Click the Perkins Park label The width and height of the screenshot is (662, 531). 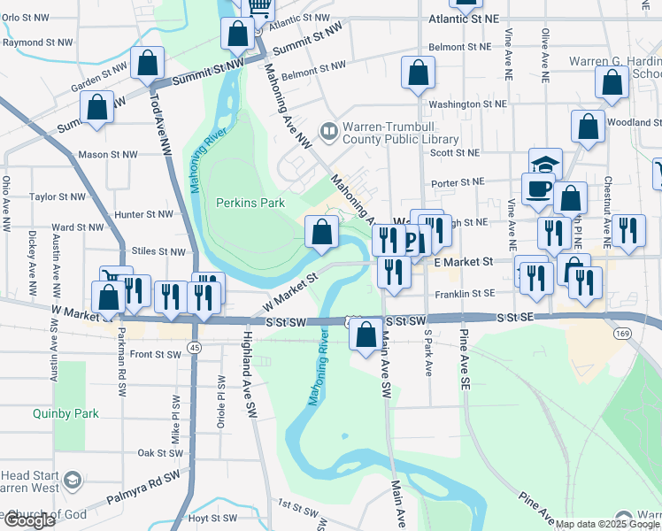tap(250, 203)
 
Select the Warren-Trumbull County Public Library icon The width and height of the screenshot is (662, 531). tap(330, 132)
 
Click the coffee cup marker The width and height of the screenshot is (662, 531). tap(539, 189)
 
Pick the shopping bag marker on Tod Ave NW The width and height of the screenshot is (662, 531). tap(147, 64)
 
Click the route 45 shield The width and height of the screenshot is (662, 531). tap(192, 348)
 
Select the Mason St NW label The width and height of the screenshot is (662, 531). tap(107, 154)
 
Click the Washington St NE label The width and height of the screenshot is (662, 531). tap(468, 104)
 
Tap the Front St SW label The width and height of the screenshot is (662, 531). tap(156, 354)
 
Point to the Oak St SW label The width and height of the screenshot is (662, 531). tap(160, 452)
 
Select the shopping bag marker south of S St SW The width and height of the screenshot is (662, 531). tap(366, 336)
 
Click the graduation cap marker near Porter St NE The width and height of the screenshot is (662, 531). tap(546, 163)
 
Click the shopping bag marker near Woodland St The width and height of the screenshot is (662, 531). tap(588, 127)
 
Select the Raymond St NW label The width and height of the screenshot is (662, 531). tap(35, 42)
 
